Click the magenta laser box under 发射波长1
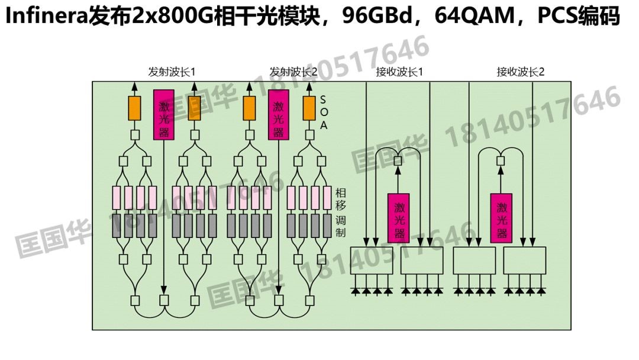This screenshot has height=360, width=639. coord(164,114)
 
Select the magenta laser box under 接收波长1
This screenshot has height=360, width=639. coord(399,217)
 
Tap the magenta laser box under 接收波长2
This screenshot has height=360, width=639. coord(501,217)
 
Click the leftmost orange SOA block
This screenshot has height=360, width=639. coord(135,107)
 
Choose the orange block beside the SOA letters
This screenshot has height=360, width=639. coord(308,107)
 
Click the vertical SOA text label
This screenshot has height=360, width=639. coord(324,112)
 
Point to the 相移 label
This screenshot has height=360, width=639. coord(340,200)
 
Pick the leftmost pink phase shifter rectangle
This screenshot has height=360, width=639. coord(117,196)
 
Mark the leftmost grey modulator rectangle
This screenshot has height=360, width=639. coord(117,224)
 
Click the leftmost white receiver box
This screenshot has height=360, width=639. coord(372,260)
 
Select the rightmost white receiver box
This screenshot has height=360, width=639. coord(524,260)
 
